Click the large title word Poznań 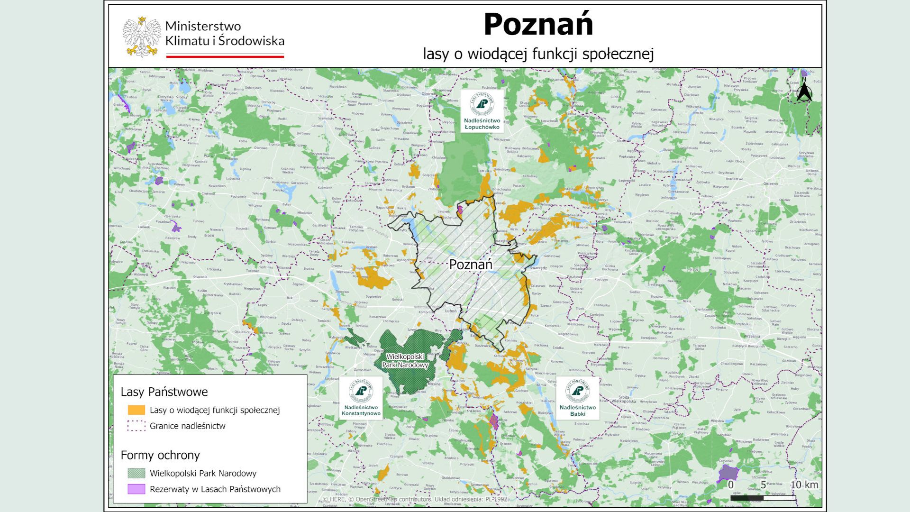538,25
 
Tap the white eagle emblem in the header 142,37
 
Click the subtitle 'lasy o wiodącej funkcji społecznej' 538,54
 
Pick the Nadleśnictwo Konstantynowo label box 361,398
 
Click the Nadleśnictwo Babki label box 577,398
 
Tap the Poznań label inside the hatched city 471,265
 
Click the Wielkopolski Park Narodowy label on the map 405,361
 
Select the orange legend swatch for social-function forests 136,410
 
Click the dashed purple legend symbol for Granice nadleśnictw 136,426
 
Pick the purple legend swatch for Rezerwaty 136,489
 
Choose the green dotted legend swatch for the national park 136,473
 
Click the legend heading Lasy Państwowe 164,392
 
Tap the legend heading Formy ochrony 160,455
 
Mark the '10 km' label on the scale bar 804,485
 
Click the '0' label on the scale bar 731,485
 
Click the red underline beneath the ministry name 225,56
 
